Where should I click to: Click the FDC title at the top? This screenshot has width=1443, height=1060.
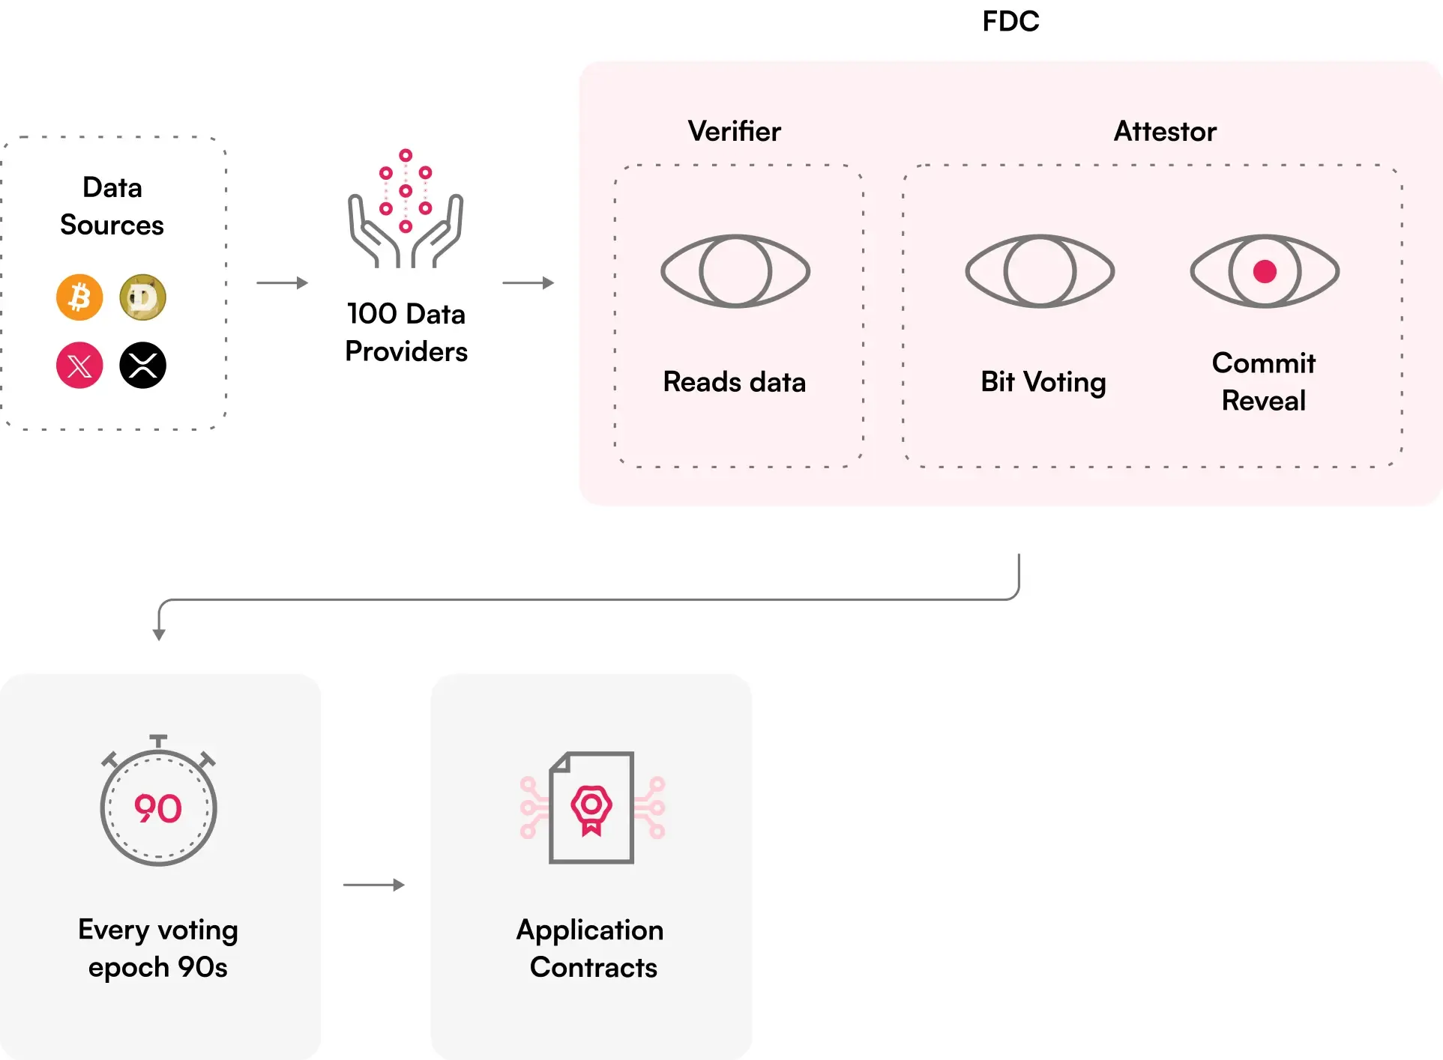click(x=1010, y=21)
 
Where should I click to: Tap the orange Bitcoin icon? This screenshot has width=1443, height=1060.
click(x=79, y=297)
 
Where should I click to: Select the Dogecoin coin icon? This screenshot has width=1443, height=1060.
click(x=142, y=297)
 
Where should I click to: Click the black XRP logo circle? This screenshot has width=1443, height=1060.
click(x=142, y=365)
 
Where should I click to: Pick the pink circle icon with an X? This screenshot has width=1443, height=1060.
click(x=79, y=365)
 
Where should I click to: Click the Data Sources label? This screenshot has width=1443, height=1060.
click(x=112, y=206)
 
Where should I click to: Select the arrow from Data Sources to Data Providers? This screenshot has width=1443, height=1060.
click(x=282, y=283)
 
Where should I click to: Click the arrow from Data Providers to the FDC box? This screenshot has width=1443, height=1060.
click(x=528, y=283)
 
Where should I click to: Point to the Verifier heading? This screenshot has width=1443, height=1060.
click(x=735, y=131)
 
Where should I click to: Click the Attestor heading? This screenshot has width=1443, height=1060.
click(x=1165, y=131)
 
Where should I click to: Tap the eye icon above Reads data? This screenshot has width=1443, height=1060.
click(x=735, y=271)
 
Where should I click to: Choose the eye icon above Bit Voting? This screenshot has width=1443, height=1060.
click(x=1040, y=271)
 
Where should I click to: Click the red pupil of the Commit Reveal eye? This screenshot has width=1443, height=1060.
click(x=1265, y=271)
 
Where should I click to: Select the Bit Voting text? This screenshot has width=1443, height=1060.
click(x=1043, y=382)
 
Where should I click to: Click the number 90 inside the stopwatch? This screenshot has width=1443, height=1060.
click(x=158, y=809)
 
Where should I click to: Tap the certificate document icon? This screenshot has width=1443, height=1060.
click(x=592, y=808)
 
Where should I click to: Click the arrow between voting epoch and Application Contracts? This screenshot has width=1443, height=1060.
click(x=373, y=885)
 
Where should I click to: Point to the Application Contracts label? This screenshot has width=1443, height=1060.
click(x=591, y=948)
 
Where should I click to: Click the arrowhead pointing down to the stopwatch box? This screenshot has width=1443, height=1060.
click(x=159, y=635)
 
